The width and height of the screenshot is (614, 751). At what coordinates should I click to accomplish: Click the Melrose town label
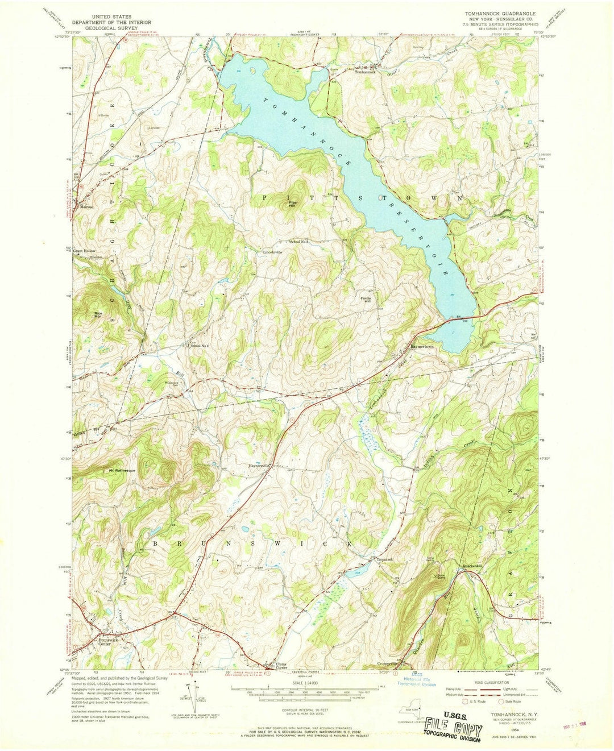pyautogui.click(x=86, y=208)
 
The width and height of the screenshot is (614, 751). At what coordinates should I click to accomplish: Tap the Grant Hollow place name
pyautogui.click(x=84, y=251)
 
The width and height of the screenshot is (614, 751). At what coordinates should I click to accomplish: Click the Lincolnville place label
pyautogui.click(x=272, y=252)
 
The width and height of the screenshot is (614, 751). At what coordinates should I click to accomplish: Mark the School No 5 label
pyautogui.click(x=299, y=242)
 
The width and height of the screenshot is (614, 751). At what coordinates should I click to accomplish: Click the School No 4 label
pyautogui.click(x=200, y=345)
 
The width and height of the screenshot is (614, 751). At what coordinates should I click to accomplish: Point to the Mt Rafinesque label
pyautogui.click(x=120, y=471)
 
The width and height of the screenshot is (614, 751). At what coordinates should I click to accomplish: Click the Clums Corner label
pyautogui.click(x=273, y=666)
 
